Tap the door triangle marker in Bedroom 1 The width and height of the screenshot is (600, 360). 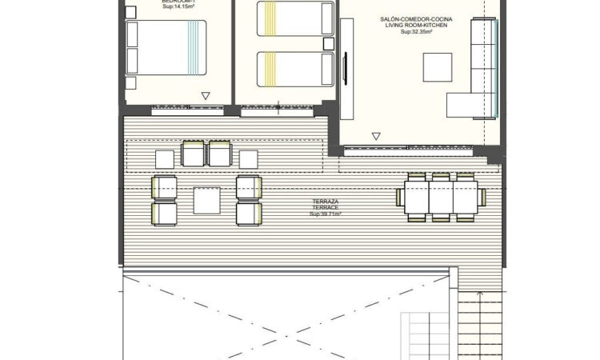click(x=206, y=96)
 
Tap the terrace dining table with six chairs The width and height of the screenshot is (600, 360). click(x=442, y=196)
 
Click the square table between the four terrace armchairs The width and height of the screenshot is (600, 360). click(x=206, y=200)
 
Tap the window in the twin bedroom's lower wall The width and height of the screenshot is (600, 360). click(x=278, y=106)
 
